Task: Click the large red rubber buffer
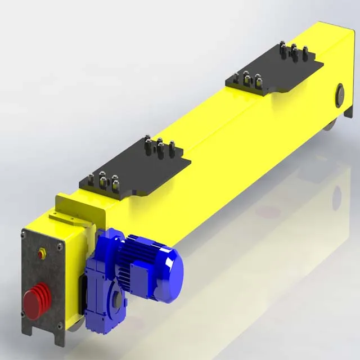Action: coord(36,301)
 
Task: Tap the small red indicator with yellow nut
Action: coord(41,254)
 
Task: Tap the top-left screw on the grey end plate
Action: coord(25,234)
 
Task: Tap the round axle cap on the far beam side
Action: coord(339,94)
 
